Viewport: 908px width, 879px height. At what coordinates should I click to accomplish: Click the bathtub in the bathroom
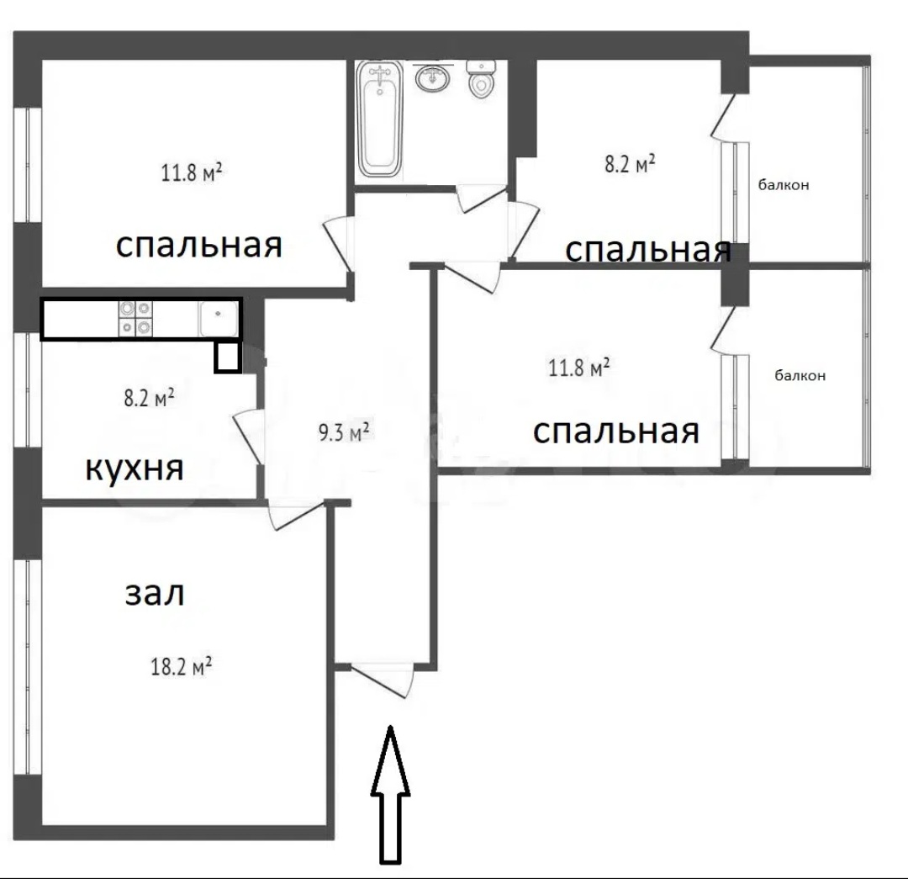(x=379, y=119)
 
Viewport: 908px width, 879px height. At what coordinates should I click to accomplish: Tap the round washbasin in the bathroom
(x=431, y=77)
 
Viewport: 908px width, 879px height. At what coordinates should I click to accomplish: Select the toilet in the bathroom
(x=481, y=79)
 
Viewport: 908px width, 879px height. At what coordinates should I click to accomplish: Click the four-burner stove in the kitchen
(x=135, y=318)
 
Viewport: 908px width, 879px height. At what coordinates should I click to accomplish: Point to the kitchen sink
(x=218, y=318)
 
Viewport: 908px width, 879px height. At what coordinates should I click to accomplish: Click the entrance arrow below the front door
(x=390, y=795)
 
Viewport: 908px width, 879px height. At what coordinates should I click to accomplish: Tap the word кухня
(x=135, y=469)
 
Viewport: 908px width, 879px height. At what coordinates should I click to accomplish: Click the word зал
(x=155, y=594)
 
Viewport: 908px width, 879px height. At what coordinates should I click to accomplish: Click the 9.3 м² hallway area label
(x=345, y=432)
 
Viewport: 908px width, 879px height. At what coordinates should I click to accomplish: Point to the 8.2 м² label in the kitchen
(x=150, y=398)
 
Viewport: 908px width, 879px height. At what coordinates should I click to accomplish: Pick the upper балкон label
(x=784, y=185)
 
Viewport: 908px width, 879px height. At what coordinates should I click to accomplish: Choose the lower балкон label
(x=800, y=375)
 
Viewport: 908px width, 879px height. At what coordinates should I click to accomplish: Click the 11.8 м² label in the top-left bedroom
(x=192, y=172)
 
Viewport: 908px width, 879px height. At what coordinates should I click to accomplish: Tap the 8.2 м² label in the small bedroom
(x=630, y=164)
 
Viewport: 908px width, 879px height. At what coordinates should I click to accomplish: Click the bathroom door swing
(x=481, y=199)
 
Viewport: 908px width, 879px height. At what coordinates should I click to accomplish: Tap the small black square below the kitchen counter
(x=227, y=357)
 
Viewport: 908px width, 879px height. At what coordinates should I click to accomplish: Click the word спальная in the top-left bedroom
(x=199, y=245)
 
